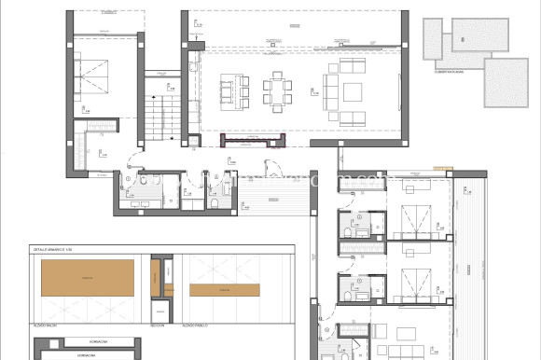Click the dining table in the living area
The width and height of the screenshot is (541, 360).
coord(278,91)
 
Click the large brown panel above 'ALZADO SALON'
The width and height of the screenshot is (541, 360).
coord(87,278)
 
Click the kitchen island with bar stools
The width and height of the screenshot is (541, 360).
coord(228,91)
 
